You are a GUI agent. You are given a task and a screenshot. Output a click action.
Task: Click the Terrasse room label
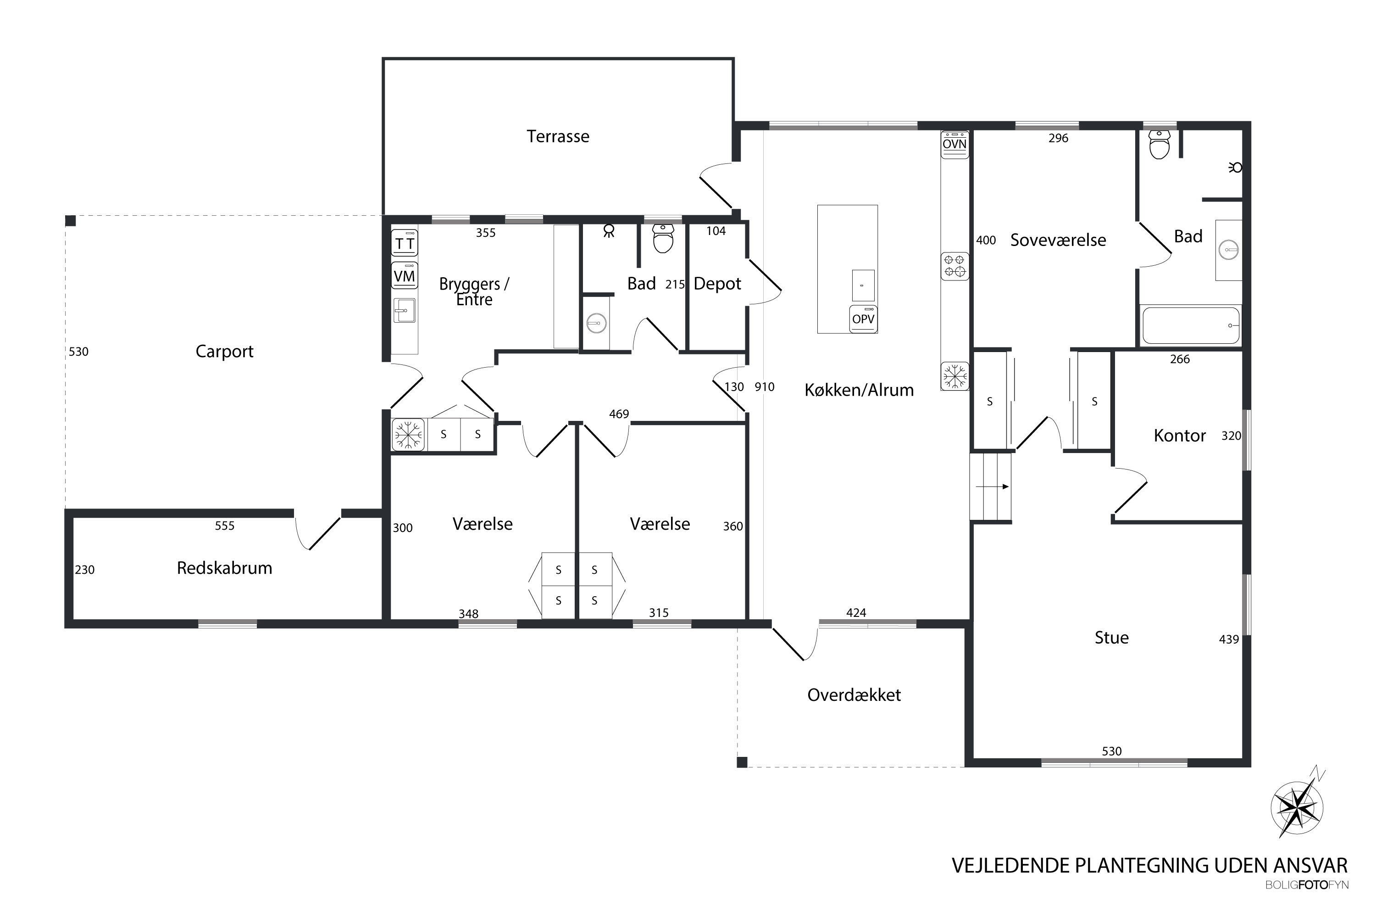pyautogui.click(x=558, y=136)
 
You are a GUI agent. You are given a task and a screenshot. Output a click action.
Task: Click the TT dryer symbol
pyautogui.click(x=404, y=243)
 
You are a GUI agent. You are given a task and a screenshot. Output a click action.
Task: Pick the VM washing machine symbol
pyautogui.click(x=404, y=276)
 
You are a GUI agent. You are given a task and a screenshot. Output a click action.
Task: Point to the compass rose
pyautogui.click(x=1298, y=808)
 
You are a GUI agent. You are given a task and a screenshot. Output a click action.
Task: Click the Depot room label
pyautogui.click(x=717, y=284)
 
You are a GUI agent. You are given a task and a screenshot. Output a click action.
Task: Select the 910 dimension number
pyautogui.click(x=764, y=387)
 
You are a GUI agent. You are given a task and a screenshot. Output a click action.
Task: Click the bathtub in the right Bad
pyautogui.click(x=1191, y=325)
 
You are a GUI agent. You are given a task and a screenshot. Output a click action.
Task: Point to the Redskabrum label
pyautogui.click(x=224, y=568)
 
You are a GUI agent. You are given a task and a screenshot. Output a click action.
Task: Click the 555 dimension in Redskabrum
pyautogui.click(x=225, y=526)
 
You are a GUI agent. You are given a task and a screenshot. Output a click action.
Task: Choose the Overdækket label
pyautogui.click(x=854, y=695)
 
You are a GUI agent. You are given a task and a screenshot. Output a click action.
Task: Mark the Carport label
pyautogui.click(x=224, y=351)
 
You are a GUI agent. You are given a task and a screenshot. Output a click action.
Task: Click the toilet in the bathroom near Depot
pyautogui.click(x=663, y=238)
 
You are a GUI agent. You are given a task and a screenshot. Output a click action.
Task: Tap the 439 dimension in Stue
pyautogui.click(x=1229, y=639)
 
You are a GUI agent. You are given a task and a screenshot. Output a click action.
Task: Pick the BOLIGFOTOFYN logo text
pyautogui.click(x=1307, y=885)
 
